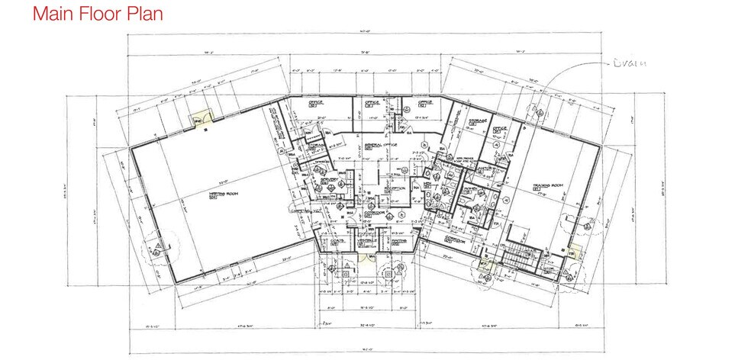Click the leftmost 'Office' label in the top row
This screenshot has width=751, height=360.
[x=317, y=102]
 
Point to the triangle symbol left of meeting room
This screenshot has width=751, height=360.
[x=158, y=246]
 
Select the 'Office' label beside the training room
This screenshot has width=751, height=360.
[x=500, y=128]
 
